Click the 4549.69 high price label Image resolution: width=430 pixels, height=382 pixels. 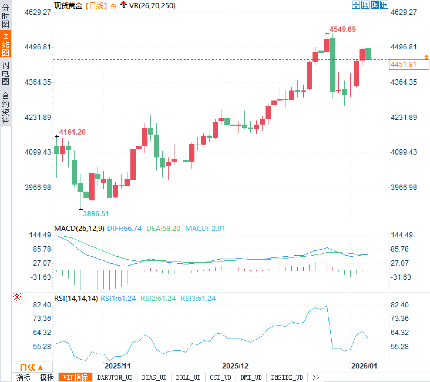(x=342, y=29)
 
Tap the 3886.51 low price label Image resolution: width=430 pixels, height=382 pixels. (x=96, y=214)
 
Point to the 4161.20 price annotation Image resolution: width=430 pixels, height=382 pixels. (x=72, y=132)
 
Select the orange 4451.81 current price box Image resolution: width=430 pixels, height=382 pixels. (x=409, y=64)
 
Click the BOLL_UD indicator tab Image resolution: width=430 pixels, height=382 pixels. (x=188, y=377)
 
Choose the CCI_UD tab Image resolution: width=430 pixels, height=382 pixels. (x=220, y=377)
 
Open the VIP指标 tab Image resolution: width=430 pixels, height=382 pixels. (x=75, y=377)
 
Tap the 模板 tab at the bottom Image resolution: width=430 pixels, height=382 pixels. (x=47, y=377)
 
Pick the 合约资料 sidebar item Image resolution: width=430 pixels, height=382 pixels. (x=6, y=108)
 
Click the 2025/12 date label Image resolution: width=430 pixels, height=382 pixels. (x=235, y=366)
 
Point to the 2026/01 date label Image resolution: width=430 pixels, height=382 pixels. (x=364, y=366)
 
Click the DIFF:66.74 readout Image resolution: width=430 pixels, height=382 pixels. (x=124, y=228)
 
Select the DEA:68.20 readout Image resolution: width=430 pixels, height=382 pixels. (x=163, y=228)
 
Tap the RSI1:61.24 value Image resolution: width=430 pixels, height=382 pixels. (x=118, y=298)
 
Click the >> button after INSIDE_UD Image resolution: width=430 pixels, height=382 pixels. (x=316, y=377)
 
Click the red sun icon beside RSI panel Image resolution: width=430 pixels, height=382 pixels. (x=17, y=297)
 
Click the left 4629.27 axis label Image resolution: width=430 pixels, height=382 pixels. (x=38, y=12)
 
